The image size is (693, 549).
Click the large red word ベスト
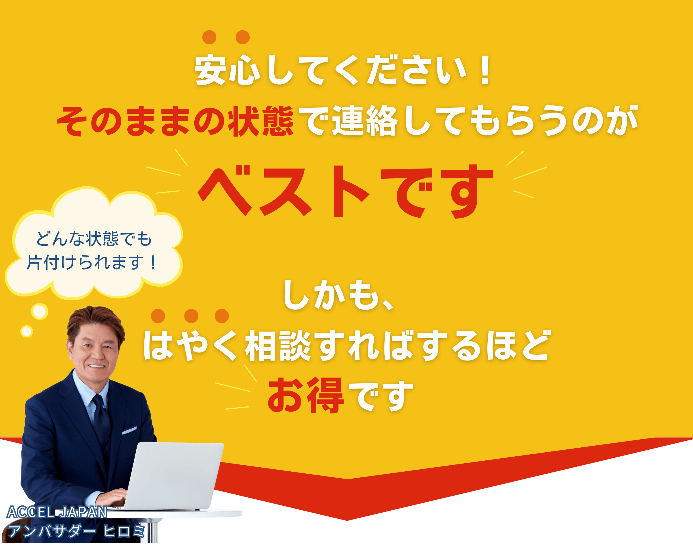(x=284, y=191)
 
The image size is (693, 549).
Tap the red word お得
(x=306, y=395)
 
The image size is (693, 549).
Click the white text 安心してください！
(x=343, y=70)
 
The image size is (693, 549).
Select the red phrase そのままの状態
(x=176, y=121)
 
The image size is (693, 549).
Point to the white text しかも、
(x=338, y=295)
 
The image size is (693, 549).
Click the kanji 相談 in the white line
(x=278, y=346)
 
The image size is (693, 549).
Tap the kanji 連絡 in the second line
(x=365, y=121)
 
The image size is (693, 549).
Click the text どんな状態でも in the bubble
(x=94, y=239)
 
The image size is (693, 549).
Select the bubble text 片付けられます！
(x=92, y=262)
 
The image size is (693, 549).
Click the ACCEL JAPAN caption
(x=57, y=512)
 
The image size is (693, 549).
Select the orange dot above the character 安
(x=209, y=37)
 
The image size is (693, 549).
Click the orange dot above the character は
(x=158, y=316)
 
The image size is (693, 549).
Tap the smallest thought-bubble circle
(x=27, y=331)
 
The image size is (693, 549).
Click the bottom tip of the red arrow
(x=347, y=520)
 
